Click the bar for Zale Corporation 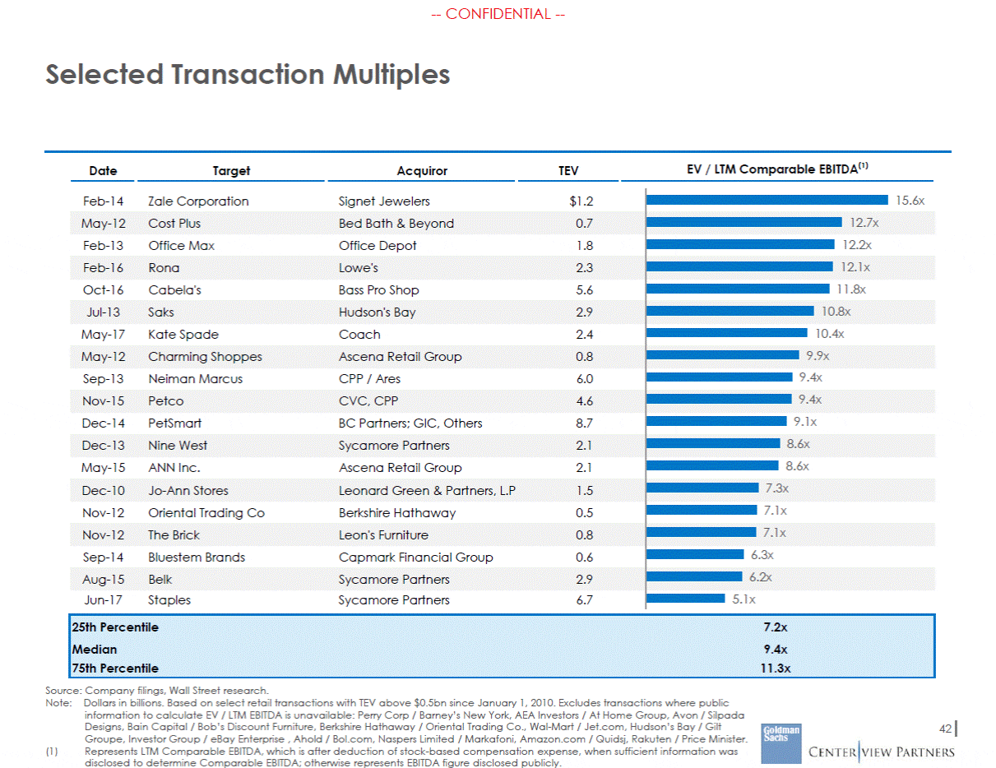click(767, 200)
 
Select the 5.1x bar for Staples click(685, 599)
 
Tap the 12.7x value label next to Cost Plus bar click(864, 223)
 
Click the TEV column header click(567, 171)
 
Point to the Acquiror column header click(422, 171)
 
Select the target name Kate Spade click(183, 335)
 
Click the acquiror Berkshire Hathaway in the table click(397, 513)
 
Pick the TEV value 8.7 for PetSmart click(584, 423)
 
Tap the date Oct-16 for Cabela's click(103, 290)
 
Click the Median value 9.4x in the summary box click(775, 650)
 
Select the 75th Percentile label click(115, 669)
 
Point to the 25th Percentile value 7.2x click(775, 627)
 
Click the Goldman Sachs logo click(781, 743)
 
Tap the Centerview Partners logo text click(882, 752)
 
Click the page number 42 click(945, 729)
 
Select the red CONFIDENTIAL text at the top click(498, 14)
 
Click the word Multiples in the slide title click(391, 75)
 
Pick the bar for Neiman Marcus click(719, 377)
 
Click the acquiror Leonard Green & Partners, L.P click(427, 491)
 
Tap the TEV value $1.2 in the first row click(581, 201)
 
